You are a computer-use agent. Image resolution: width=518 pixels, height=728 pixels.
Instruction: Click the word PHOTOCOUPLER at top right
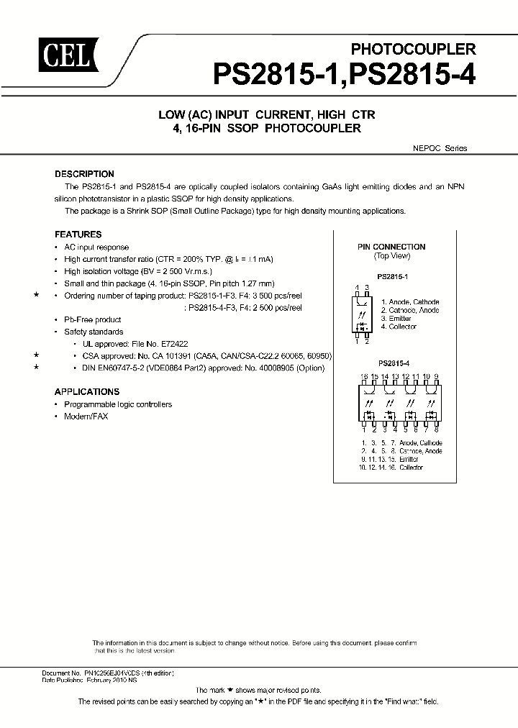coord(413,49)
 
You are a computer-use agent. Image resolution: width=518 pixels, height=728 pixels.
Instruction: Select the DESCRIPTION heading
coord(85,174)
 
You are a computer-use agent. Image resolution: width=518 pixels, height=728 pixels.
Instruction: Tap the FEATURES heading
coord(78,235)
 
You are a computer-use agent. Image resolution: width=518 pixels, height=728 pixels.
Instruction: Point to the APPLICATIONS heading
coord(87,392)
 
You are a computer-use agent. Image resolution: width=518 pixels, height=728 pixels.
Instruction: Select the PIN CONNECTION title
coord(391,247)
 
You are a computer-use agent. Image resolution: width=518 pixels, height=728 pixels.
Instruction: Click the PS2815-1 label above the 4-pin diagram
coord(392,276)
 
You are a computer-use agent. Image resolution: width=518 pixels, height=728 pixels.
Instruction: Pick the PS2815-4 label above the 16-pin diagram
coord(392,363)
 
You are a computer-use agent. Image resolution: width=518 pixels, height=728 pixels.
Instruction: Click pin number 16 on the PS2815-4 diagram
coord(364,376)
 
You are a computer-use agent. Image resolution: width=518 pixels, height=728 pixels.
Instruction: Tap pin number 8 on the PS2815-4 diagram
coord(436,430)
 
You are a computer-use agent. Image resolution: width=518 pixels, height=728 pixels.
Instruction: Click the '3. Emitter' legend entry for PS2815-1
coord(396,319)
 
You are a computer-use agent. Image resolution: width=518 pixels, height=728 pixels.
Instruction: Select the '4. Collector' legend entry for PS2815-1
coord(399,327)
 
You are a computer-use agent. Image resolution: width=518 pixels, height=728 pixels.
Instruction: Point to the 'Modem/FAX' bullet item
coord(86,417)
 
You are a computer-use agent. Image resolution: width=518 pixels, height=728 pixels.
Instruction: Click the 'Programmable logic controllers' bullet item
coord(118,404)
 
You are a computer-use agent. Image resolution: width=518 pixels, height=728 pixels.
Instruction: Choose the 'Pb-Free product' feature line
coord(93,319)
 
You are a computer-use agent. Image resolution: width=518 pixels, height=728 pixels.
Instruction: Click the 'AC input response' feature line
coord(96,247)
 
